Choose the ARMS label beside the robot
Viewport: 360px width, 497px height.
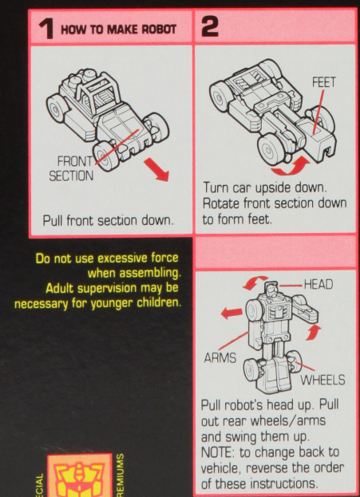click(220, 358)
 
